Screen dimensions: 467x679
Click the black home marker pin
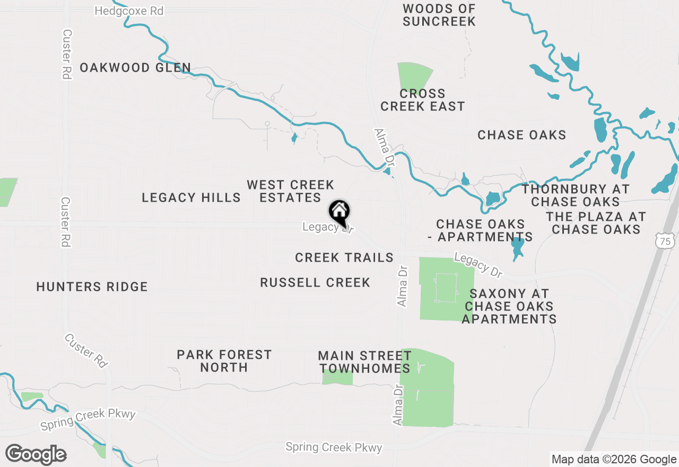(339, 211)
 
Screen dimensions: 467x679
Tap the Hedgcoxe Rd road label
(129, 11)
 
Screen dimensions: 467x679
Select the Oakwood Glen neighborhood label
(135, 68)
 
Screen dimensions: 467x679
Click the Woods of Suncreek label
(439, 15)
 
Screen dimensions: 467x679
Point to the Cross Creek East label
(423, 100)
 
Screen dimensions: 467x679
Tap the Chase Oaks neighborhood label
(521, 135)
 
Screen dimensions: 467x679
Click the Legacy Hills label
(191, 198)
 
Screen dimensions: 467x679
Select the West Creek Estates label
(290, 191)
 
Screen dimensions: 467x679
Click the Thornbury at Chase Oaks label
(576, 195)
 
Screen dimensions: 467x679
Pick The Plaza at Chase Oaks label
(596, 223)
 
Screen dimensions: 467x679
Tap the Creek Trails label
(344, 258)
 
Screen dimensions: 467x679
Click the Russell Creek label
(315, 283)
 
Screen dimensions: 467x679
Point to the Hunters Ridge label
(92, 287)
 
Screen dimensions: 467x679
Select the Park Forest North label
(224, 361)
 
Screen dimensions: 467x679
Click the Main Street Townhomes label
(364, 361)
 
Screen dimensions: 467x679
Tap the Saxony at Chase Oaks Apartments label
(509, 306)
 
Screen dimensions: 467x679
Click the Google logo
(36, 454)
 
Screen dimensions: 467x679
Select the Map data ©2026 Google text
(614, 460)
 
